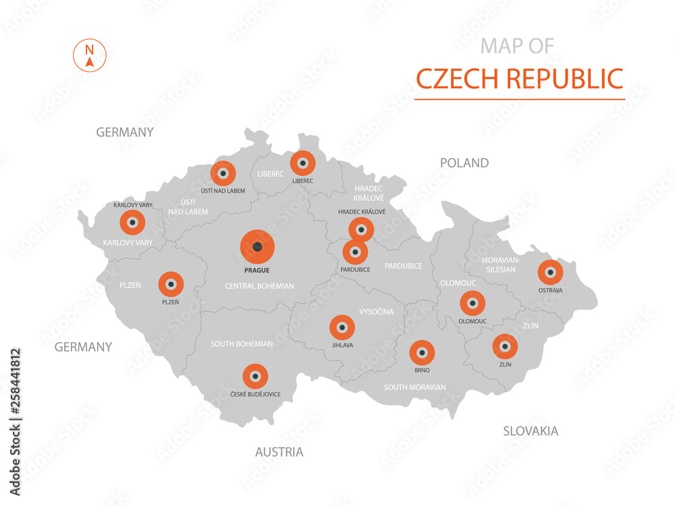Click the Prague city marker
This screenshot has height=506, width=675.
pos(258,247)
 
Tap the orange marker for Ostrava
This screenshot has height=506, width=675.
pos(550,273)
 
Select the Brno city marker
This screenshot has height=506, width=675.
pos(423,352)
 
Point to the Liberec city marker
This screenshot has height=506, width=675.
pos(302,163)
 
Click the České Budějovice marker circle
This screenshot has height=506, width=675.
pos(254,376)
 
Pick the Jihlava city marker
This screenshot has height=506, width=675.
pos(342,327)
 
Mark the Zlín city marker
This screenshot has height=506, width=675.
pos(504,347)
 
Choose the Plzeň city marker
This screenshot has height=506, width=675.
pos(170,284)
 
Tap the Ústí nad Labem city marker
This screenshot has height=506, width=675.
pos(223,173)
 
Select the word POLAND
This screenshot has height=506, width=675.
pos(464,163)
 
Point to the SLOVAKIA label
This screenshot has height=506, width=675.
pos(531,430)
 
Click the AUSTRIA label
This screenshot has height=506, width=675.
pos(279,451)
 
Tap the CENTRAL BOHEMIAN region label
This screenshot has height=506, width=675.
pos(259,286)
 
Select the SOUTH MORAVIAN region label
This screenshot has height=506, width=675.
pos(414,387)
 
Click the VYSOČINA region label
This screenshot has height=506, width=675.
pos(377,312)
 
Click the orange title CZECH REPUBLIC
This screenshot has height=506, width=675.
pos(519,78)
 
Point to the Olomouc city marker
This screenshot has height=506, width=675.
pos(472,303)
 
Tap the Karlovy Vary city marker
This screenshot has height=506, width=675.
pos(132,221)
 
